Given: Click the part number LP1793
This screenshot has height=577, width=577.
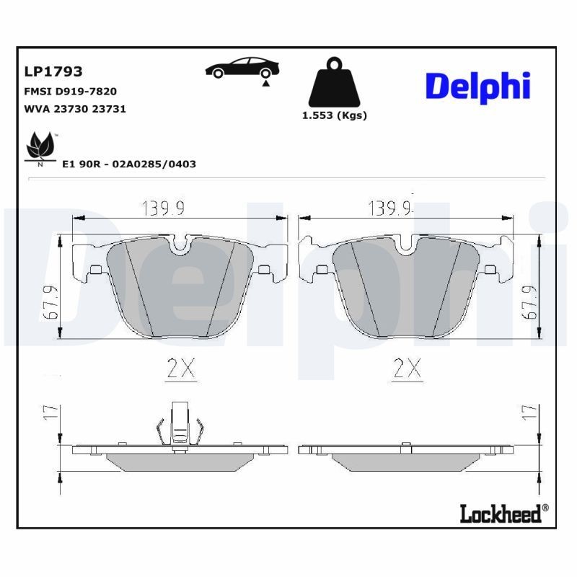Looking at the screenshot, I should [x=53, y=72].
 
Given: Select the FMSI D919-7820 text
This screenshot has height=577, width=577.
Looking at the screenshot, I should [x=71, y=92].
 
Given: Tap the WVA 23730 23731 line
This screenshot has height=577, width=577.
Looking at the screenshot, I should [x=75, y=109].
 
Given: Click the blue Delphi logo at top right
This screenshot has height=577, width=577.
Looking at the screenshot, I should [x=477, y=86].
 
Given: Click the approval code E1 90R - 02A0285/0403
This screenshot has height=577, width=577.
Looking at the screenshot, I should [x=129, y=164].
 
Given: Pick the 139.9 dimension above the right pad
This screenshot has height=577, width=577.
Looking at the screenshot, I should [x=389, y=209].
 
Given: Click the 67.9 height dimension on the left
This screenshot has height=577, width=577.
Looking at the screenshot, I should [x=49, y=304].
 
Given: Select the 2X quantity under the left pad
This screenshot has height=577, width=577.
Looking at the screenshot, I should [x=180, y=369].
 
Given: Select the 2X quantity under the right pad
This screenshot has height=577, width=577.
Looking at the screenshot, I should [x=406, y=369].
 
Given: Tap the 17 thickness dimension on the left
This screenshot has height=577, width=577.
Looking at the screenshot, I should [x=49, y=413].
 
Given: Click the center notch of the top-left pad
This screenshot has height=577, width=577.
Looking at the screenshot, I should [x=180, y=245].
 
